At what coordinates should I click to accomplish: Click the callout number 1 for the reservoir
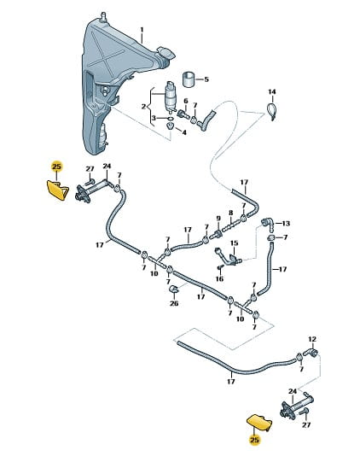pos(142,30)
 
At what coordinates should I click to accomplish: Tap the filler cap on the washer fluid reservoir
pos(165,53)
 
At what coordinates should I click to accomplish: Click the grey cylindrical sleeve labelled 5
pos(189,79)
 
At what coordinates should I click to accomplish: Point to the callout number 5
pos(206,79)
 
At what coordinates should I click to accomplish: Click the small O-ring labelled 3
pos(171,119)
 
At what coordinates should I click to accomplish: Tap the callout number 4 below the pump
pos(184,132)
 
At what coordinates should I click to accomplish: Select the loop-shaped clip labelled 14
pos(271,110)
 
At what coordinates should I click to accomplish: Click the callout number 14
pos(271,92)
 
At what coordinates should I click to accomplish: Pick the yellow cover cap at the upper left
pos(57,190)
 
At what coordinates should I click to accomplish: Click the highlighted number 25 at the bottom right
pos(254,440)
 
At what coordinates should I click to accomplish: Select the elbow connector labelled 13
pos(267,225)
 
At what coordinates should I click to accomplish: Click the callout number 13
pos(286,224)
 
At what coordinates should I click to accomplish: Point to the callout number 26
pos(174,304)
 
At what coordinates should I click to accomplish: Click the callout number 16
pos(219,279)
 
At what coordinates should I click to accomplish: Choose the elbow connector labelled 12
pos(311,353)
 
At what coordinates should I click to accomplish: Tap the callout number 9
pos(218,218)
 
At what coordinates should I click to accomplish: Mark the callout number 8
pos(230,213)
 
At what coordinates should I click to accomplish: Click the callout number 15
pos(235,243)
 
